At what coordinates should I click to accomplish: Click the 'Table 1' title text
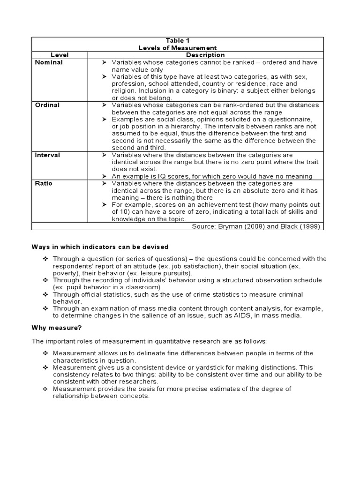(x=178, y=41)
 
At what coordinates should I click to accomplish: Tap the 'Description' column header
(x=205, y=55)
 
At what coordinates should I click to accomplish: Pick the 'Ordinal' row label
(x=47, y=105)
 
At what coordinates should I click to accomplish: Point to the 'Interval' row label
(x=48, y=155)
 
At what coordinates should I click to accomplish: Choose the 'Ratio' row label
(x=44, y=183)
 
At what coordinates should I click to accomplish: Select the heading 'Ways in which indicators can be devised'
(x=100, y=247)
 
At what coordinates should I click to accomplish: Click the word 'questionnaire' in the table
(x=295, y=120)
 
